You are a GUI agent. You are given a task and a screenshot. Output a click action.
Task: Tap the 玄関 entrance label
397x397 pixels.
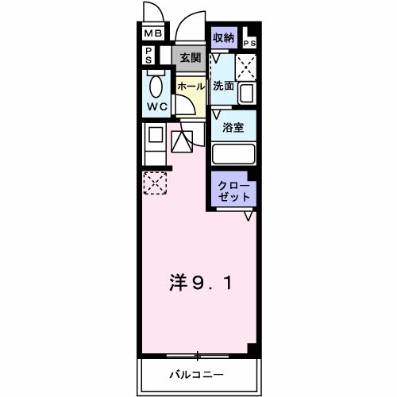coord(189,57)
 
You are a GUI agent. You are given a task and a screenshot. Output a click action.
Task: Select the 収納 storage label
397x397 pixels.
coord(223,37)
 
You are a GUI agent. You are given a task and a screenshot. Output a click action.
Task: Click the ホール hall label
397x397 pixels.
coord(191,86)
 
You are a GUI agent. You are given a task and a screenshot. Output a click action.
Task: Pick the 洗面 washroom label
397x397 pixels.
coord(223,86)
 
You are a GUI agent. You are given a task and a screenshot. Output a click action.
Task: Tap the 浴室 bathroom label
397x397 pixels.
coord(233,127)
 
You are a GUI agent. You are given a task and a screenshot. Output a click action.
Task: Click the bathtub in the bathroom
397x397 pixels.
coord(233,154)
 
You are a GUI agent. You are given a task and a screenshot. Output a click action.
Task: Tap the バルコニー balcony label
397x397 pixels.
coord(195,374)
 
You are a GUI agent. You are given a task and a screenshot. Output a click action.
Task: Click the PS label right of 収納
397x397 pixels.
coord(250,43)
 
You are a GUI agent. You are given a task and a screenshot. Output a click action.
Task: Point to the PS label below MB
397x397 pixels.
coord(148,55)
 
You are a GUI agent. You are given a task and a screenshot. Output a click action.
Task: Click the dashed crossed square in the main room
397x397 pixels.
coord(156,183)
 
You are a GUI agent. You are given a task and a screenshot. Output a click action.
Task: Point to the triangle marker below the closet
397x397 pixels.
coord(249,215)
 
